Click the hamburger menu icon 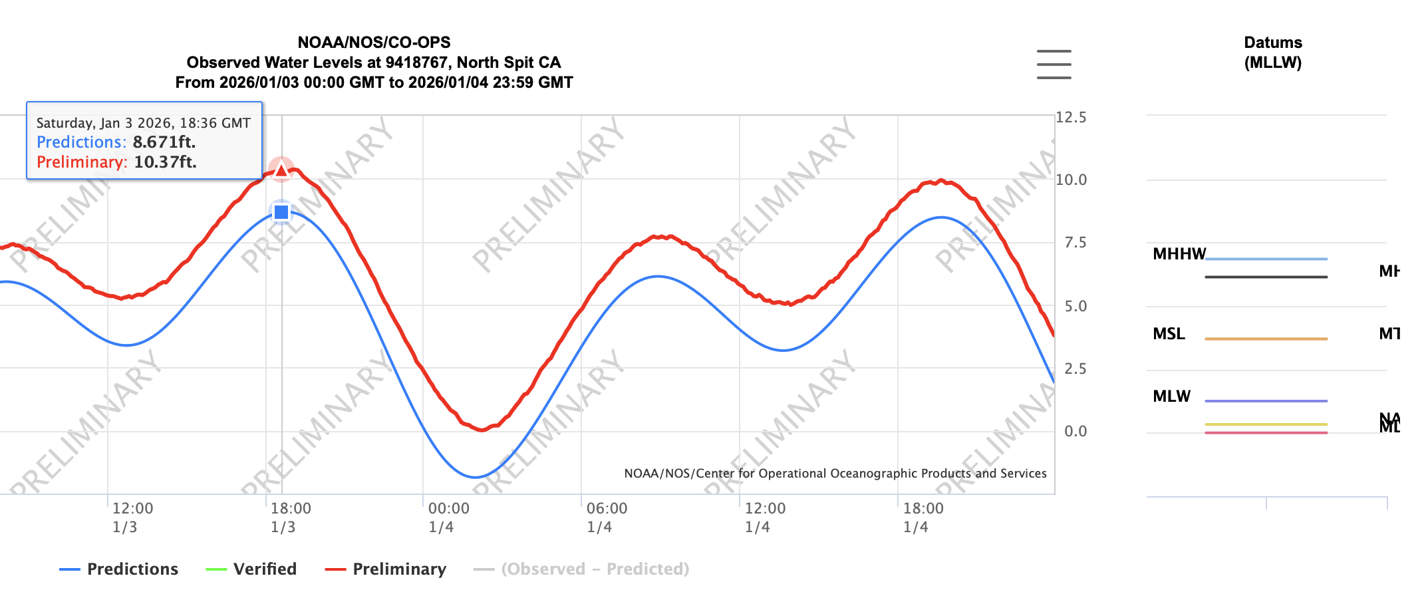tap(1054, 64)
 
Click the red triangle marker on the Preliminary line tap(281, 170)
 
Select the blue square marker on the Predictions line tap(281, 212)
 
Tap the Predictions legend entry tap(119, 569)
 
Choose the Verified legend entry tap(251, 569)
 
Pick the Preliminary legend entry tap(386, 569)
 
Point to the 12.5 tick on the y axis tap(1071, 118)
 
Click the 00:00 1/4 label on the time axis tap(448, 518)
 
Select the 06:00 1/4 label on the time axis tap(607, 518)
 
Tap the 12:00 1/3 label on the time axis tap(132, 518)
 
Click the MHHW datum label tap(1179, 254)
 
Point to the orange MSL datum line tap(1266, 339)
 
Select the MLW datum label tap(1171, 396)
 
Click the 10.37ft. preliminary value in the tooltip tap(165, 162)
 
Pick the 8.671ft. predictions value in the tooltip tap(164, 142)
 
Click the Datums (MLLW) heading tap(1272, 53)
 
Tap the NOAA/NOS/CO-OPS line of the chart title tap(374, 43)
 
